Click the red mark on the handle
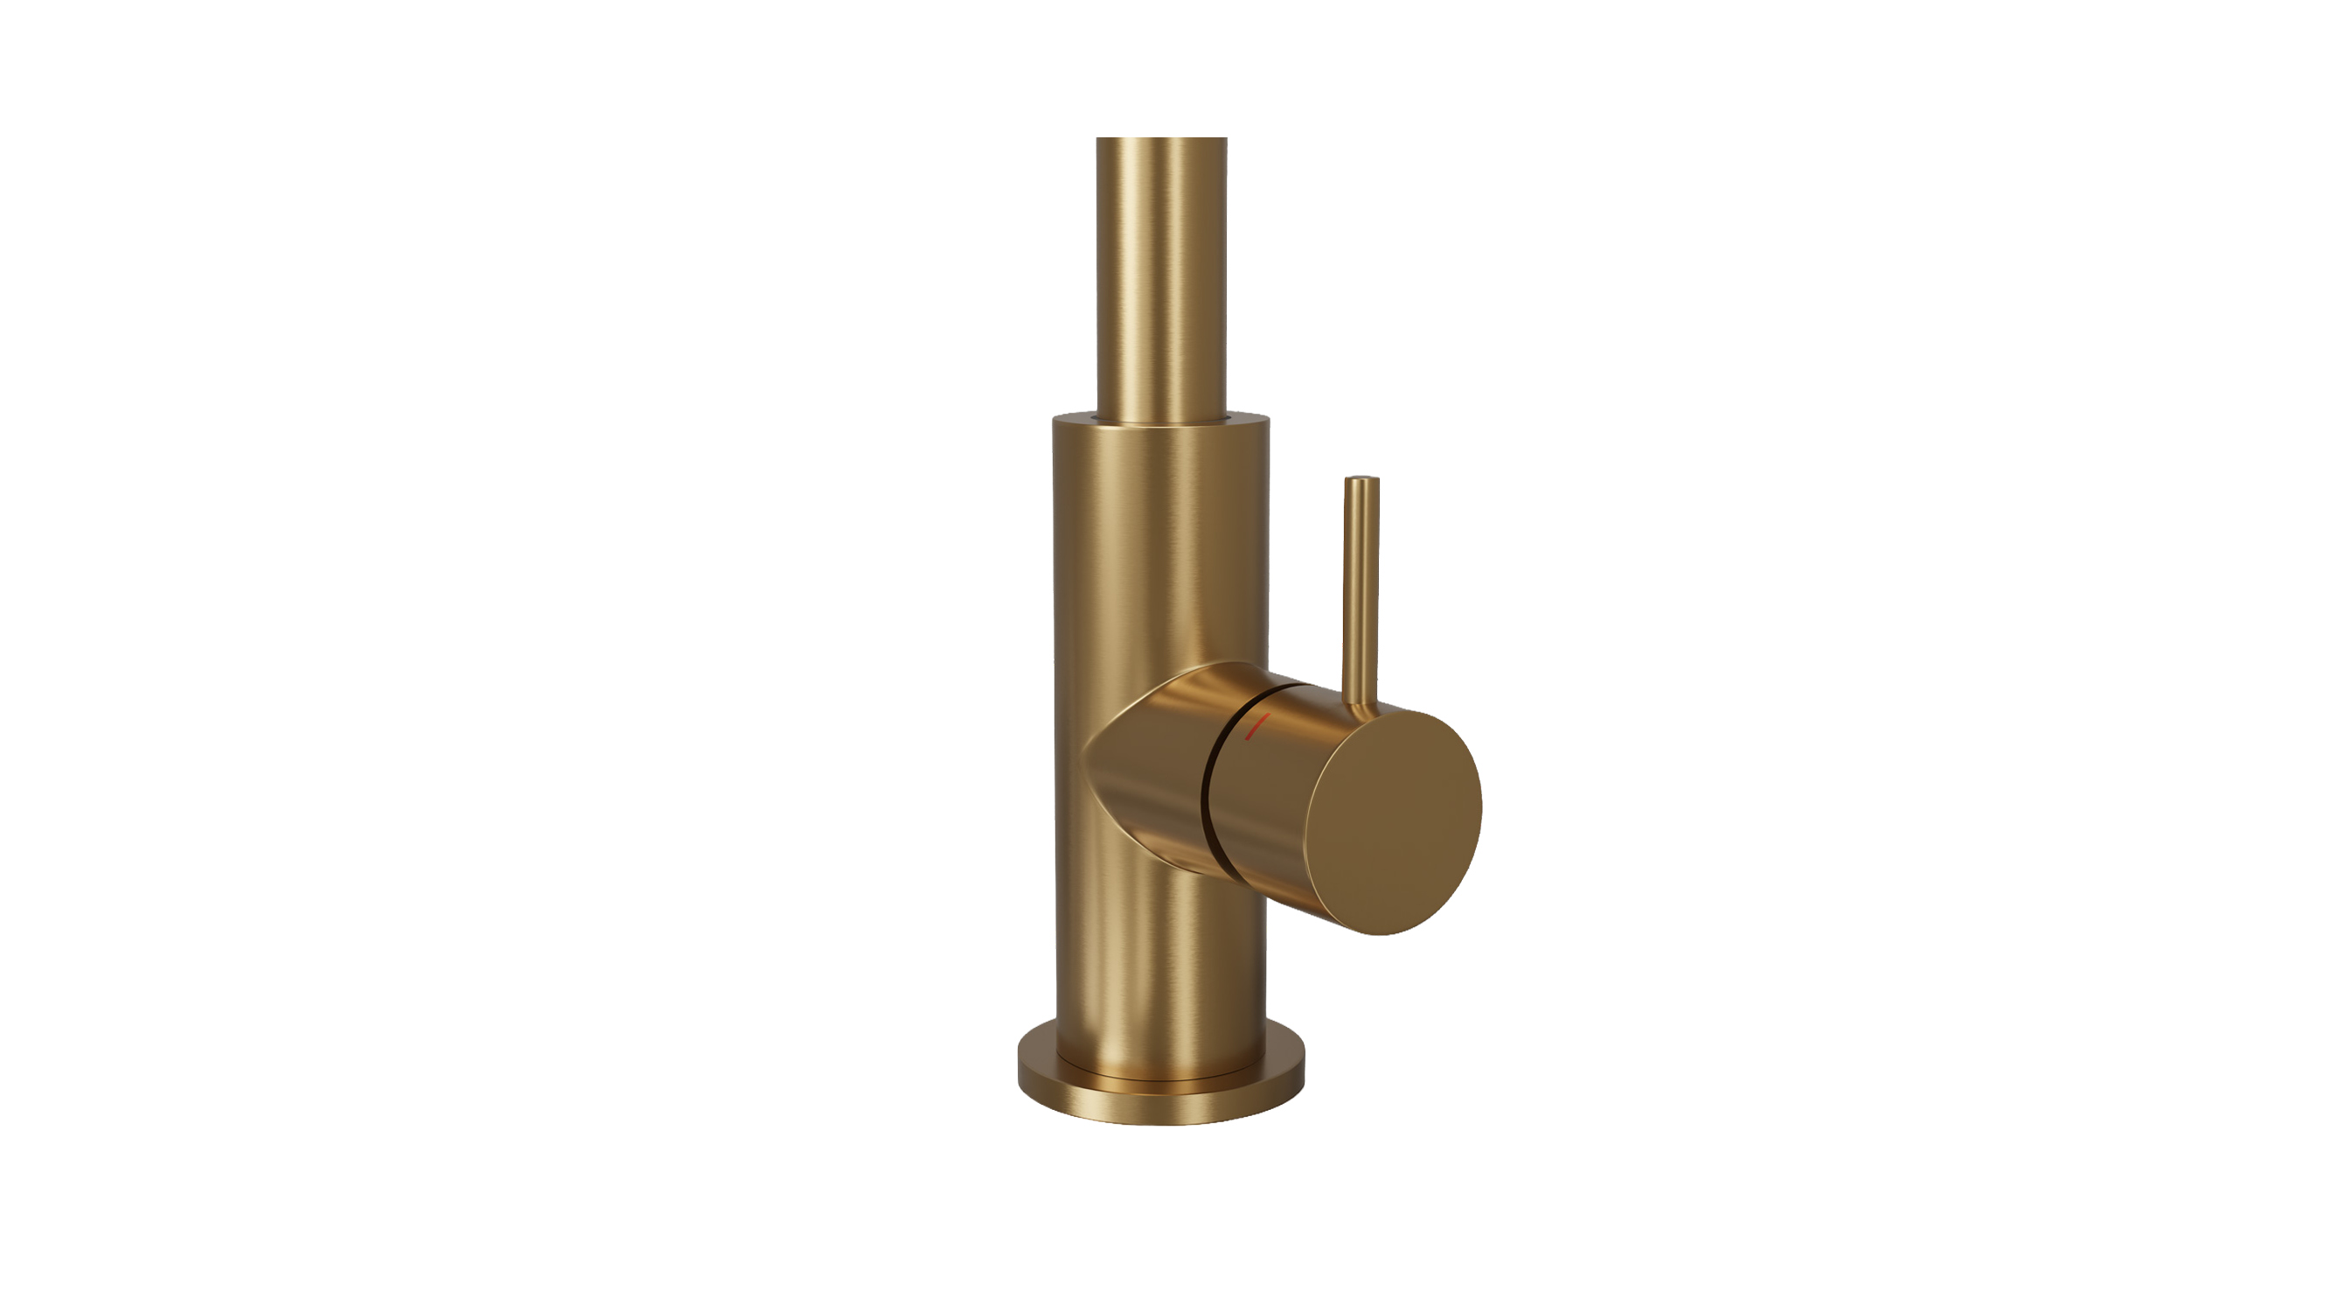[x=1258, y=726]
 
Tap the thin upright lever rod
[x=1361, y=589]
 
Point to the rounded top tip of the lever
[x=1361, y=480]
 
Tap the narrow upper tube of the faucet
[x=1161, y=272]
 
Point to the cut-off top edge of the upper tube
[x=1161, y=139]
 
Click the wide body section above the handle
[x=1159, y=543]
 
